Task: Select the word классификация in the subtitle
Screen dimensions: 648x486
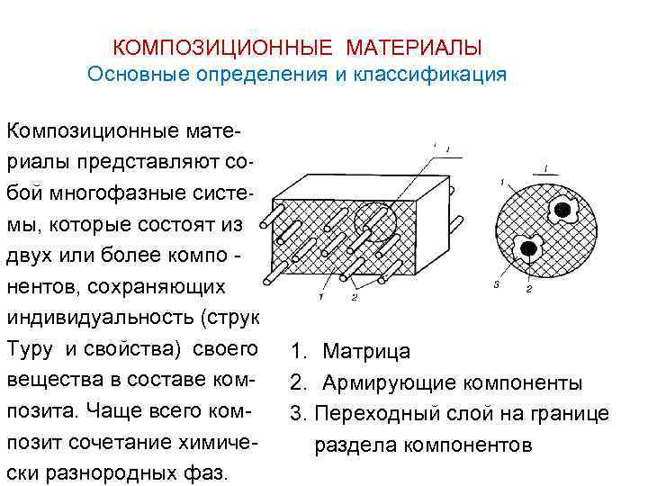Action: [x=430, y=74]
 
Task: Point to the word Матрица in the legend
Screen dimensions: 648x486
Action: [x=366, y=351]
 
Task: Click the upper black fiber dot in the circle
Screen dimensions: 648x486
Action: [x=562, y=210]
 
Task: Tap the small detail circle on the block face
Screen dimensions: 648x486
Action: [x=373, y=219]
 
